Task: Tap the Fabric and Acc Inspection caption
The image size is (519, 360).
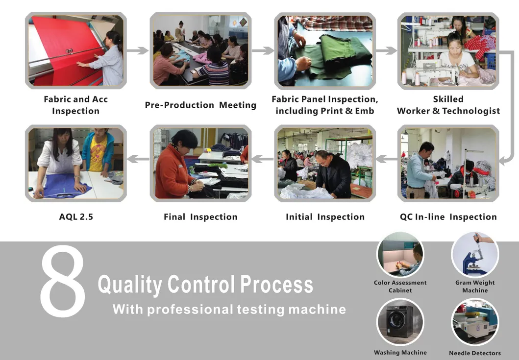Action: [75, 105]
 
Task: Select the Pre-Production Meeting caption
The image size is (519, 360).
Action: [200, 105]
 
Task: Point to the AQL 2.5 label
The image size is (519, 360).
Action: [76, 216]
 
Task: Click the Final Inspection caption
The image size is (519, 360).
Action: [200, 216]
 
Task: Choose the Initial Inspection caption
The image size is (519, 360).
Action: [325, 216]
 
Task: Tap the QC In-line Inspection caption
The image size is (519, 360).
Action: [448, 216]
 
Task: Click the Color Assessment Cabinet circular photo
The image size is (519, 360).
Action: [400, 255]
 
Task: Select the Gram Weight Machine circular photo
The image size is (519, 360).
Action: [474, 255]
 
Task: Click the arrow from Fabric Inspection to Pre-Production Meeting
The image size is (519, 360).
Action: [138, 50]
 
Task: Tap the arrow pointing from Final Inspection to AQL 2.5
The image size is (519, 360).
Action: [139, 158]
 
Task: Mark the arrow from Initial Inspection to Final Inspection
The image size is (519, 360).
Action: [263, 158]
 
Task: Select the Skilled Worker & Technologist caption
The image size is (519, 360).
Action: [448, 105]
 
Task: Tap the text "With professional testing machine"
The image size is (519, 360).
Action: [229, 310]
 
